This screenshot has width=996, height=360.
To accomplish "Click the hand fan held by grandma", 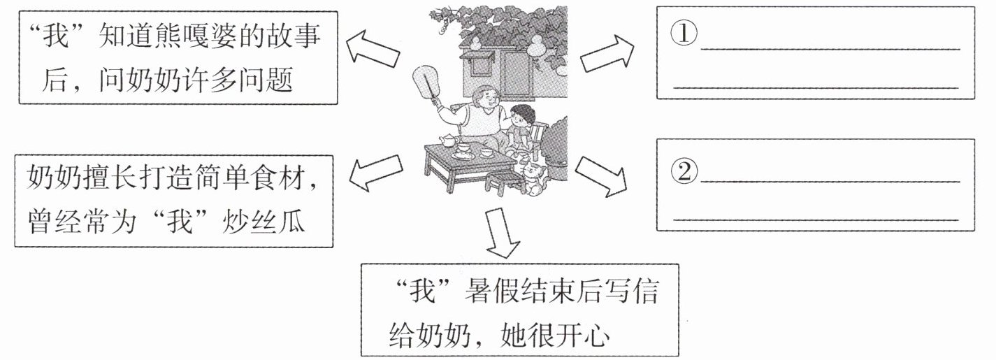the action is tap(424, 83).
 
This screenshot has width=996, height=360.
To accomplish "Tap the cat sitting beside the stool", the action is tap(535, 178).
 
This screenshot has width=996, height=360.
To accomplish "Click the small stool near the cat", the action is tap(504, 183).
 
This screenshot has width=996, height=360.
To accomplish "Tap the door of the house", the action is tap(518, 73).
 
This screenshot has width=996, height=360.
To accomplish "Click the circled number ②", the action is tap(684, 170).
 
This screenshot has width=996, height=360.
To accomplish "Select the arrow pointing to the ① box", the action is tap(607, 52).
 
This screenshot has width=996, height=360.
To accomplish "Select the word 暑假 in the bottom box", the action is tap(485, 293).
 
